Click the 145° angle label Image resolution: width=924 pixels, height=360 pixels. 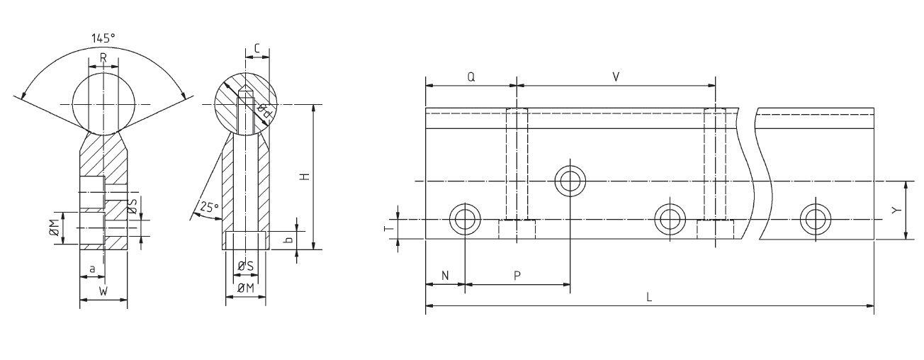coord(103,39)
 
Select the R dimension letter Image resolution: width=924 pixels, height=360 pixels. coord(103,57)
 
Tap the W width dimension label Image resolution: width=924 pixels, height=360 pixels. coord(103,291)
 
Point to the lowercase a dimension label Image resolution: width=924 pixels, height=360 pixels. coord(92,269)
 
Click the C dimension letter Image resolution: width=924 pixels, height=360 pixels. coord(257,48)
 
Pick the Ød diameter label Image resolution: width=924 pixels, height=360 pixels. coord(263,111)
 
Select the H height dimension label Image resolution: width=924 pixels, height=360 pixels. coord(305,176)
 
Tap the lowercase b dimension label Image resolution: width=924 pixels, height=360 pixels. coord(288,240)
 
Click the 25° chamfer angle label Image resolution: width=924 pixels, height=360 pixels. coord(207,208)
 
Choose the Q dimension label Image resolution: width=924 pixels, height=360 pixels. coord(471,76)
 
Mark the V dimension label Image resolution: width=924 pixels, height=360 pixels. coord(616,76)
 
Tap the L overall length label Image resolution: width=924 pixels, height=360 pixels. coord(649,298)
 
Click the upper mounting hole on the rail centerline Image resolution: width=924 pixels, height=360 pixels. coord(570,181)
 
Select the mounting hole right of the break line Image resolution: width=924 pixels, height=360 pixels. coord(815,220)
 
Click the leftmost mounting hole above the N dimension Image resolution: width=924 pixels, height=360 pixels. coord(465,220)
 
